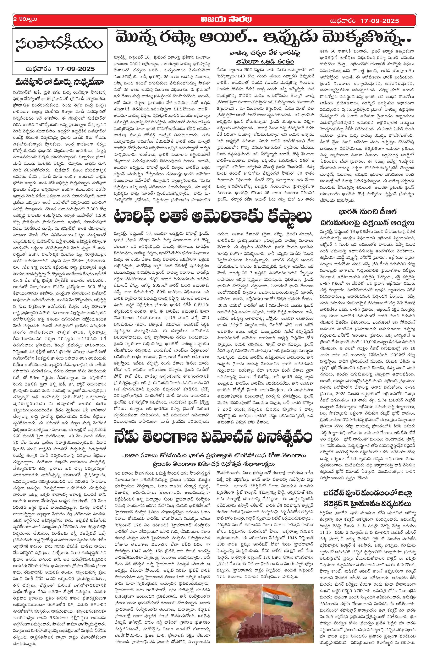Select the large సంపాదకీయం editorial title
click(x=59, y=44)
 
